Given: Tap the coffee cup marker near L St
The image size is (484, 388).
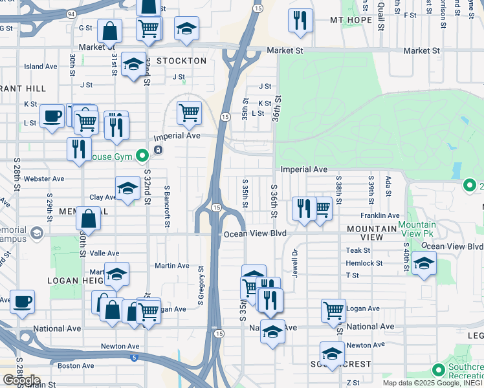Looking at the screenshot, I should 52,116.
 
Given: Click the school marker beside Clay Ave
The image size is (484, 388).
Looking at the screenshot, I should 127,189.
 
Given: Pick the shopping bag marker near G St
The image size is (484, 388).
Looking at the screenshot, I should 109,30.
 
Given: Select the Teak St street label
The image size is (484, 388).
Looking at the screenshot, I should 357,250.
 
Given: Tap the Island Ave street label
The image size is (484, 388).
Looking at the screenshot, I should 41,67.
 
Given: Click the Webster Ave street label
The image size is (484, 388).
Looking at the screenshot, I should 44,178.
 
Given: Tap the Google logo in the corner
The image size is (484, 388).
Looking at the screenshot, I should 21,380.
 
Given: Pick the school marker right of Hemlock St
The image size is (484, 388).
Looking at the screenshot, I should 424,264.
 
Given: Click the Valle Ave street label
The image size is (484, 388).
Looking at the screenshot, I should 104,253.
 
